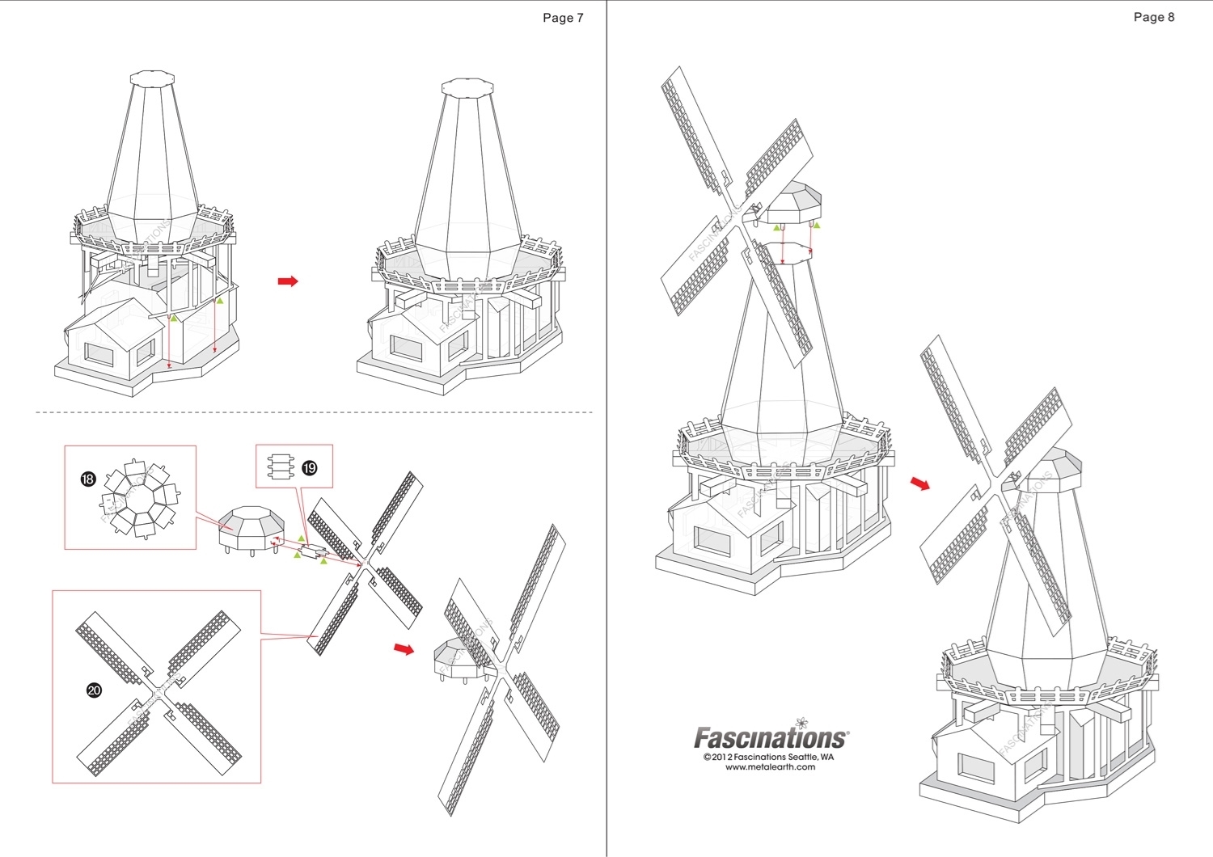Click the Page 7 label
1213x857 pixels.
click(563, 18)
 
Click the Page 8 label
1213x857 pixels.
click(1153, 17)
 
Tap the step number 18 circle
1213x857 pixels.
click(88, 479)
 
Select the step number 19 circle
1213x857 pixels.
click(309, 468)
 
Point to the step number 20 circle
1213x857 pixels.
click(94, 690)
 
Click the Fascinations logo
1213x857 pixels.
click(770, 737)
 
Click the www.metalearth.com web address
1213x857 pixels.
click(770, 767)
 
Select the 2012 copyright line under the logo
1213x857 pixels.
click(768, 757)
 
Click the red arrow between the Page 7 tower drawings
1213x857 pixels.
click(288, 281)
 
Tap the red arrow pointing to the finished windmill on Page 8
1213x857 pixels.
click(920, 483)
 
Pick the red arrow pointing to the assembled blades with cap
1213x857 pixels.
click(404, 648)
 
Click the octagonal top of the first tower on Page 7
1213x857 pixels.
click(152, 79)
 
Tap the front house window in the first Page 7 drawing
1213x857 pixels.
click(100, 354)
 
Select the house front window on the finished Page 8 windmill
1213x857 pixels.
click(975, 766)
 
